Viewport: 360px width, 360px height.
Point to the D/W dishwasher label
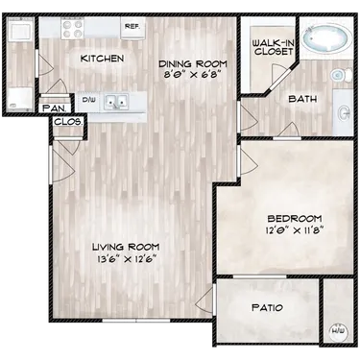point(87,98)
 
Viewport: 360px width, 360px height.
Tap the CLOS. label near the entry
point(65,123)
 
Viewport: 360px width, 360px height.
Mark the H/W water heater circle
point(337,331)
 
